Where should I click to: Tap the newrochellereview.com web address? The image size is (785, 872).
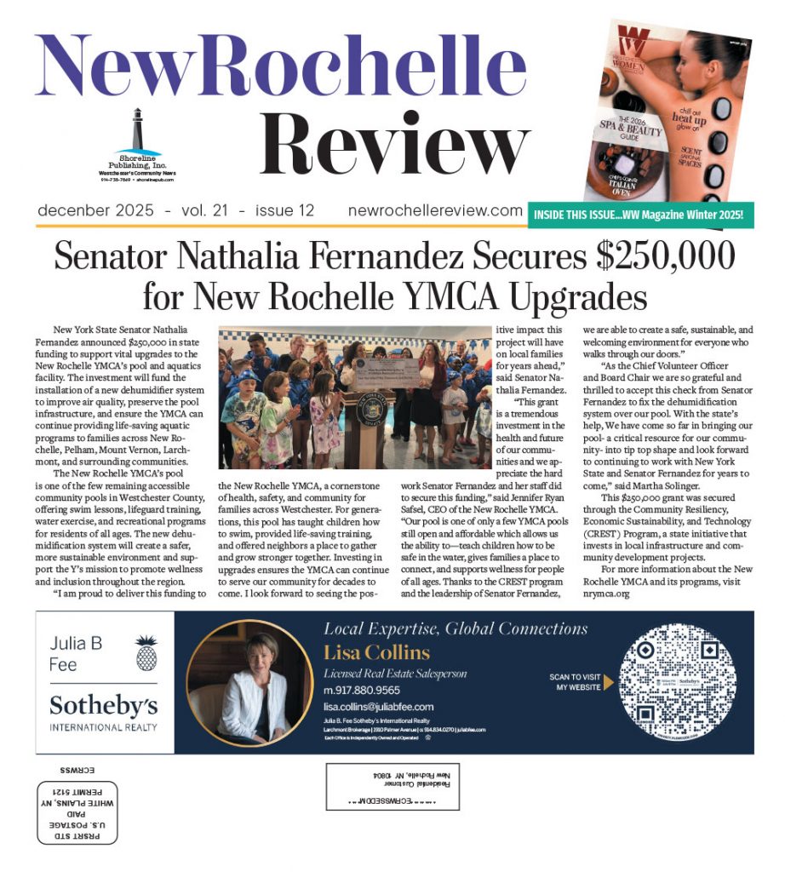tap(435, 210)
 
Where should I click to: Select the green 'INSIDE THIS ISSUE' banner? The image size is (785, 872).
tap(641, 215)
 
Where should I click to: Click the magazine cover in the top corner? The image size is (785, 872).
tap(669, 111)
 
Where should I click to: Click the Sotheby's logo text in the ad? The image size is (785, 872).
tap(104, 705)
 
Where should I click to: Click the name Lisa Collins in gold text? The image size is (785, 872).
tap(376, 653)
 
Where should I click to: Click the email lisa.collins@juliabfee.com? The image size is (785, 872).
tap(379, 707)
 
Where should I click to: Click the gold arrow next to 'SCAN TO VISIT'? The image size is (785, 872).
tap(609, 682)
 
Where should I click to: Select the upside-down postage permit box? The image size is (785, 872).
tap(77, 812)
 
